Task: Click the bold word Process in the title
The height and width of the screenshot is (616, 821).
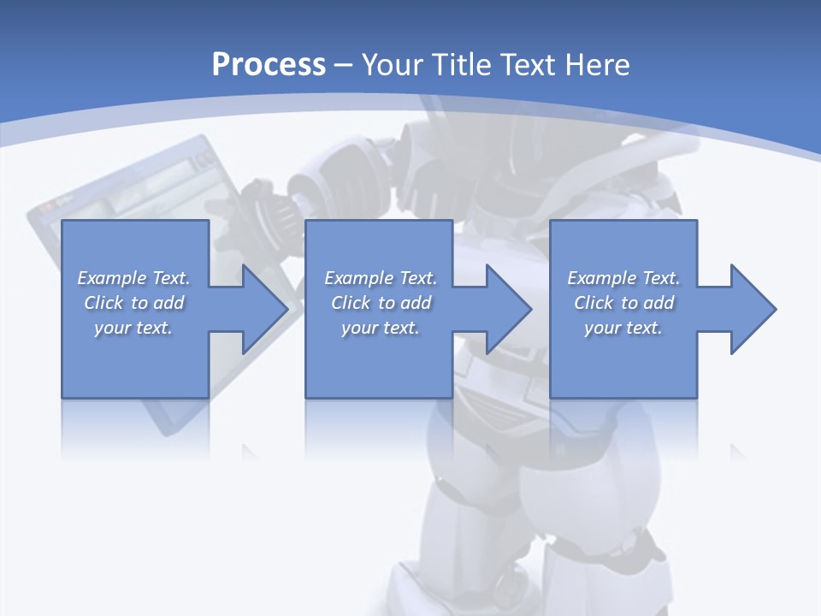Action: pyautogui.click(x=269, y=64)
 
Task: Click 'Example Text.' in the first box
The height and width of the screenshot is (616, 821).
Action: pyautogui.click(x=134, y=278)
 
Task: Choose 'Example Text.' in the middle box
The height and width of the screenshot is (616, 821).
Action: pyautogui.click(x=381, y=278)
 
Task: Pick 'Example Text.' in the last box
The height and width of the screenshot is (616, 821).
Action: pyautogui.click(x=623, y=278)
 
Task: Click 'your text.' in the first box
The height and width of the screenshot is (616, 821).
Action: pyautogui.click(x=133, y=328)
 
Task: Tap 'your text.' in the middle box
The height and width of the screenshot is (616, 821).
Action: pyautogui.click(x=380, y=328)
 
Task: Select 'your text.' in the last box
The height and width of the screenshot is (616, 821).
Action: pyautogui.click(x=623, y=328)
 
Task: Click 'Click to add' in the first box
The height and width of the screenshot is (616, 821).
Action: pyautogui.click(x=134, y=303)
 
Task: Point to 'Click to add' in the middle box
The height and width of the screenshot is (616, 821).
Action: pyautogui.click(x=381, y=303)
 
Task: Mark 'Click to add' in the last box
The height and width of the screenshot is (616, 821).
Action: pyautogui.click(x=624, y=303)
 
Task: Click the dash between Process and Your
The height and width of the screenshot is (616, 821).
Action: pyautogui.click(x=344, y=65)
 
